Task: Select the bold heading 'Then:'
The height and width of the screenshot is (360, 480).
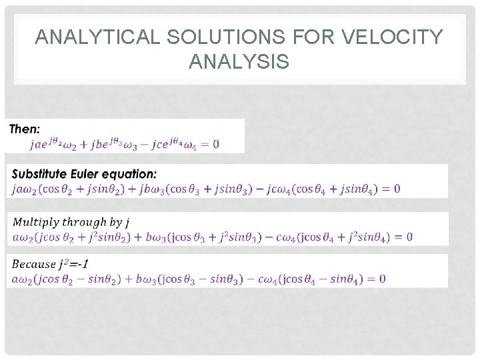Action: [x=25, y=129]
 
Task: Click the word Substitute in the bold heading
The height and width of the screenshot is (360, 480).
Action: [x=41, y=174]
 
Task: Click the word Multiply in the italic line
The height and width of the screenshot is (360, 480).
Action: [x=33, y=222]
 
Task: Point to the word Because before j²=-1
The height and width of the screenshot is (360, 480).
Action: [x=33, y=264]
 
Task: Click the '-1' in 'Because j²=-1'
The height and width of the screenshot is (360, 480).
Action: [x=81, y=264]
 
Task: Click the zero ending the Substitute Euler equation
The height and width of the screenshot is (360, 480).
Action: [x=397, y=189]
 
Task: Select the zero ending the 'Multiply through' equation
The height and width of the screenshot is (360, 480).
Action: [x=409, y=237]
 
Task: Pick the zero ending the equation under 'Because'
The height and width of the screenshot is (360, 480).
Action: [x=381, y=279]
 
